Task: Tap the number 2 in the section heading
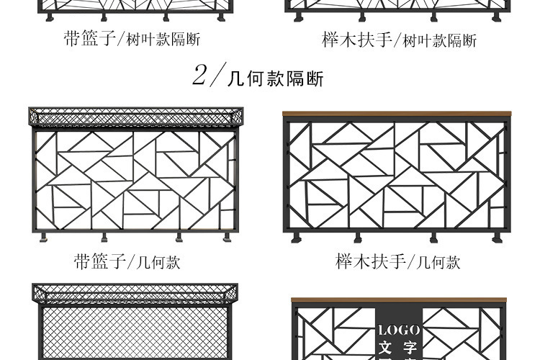pyautogui.click(x=200, y=75)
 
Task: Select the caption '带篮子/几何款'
pyautogui.click(x=127, y=261)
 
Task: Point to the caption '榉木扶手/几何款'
pyautogui.click(x=397, y=261)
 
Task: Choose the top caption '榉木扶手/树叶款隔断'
pyautogui.click(x=399, y=40)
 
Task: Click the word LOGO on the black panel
pyautogui.click(x=398, y=330)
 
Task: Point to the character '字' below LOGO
pyautogui.click(x=410, y=348)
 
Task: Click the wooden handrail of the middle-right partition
pyautogui.click(x=397, y=114)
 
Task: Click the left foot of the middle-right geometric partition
pyautogui.click(x=295, y=237)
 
